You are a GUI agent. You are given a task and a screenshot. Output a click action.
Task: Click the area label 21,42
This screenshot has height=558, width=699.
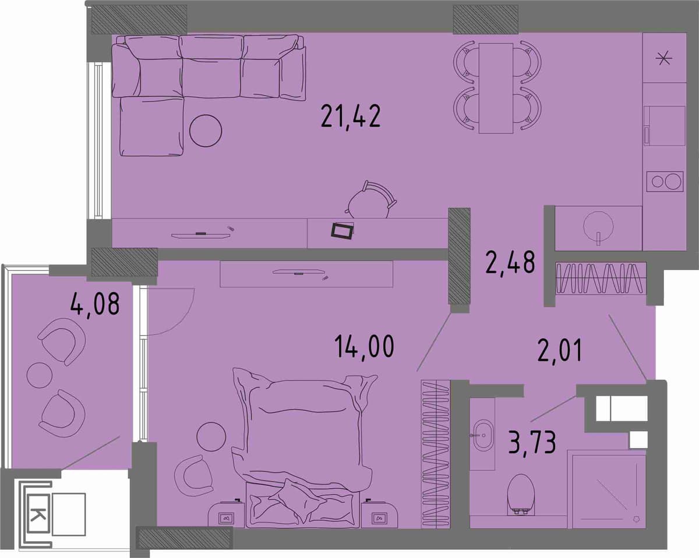[x=351, y=117]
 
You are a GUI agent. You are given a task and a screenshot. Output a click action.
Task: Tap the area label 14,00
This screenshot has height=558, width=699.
[x=364, y=346]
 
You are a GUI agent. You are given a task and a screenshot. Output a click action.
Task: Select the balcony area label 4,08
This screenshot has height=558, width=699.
[x=95, y=304]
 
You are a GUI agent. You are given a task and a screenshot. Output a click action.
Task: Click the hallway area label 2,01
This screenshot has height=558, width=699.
[x=560, y=350]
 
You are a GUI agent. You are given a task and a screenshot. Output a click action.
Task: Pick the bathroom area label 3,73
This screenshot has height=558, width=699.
[x=532, y=442]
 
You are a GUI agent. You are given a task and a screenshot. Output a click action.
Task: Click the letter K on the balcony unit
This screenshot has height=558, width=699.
[x=38, y=514]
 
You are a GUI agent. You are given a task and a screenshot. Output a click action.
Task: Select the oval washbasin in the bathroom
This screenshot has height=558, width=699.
[x=482, y=436]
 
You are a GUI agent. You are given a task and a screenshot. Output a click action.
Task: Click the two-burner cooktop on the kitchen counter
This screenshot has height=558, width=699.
[x=665, y=182]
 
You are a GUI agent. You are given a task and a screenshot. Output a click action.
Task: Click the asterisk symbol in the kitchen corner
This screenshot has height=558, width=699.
[x=663, y=59]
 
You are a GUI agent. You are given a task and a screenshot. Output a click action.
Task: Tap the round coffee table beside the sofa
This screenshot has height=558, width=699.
[x=206, y=131]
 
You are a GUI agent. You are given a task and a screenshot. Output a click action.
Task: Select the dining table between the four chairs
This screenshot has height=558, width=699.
[x=496, y=88]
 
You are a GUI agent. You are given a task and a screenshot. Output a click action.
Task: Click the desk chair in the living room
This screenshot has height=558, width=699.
[x=370, y=201]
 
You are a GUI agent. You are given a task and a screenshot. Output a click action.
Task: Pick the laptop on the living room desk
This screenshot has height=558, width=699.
[x=343, y=230]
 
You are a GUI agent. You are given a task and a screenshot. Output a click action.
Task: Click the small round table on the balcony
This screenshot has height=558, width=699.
[x=39, y=375]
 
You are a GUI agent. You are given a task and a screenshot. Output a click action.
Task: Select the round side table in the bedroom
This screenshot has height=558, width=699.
[x=211, y=436]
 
